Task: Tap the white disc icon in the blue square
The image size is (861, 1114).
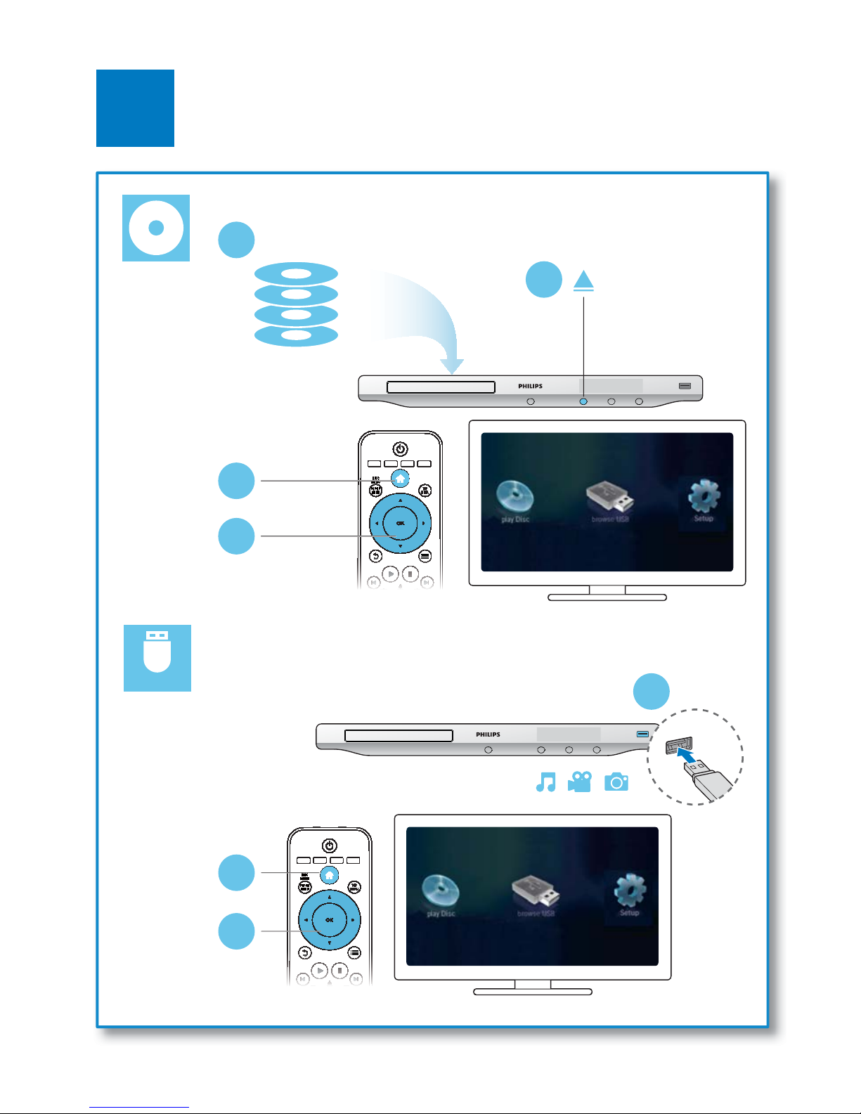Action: pos(156,228)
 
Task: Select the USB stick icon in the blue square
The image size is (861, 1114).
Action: pos(157,658)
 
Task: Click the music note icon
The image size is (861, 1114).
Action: pos(545,782)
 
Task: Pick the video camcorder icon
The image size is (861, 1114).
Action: pos(580,782)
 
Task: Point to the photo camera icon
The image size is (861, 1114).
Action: pos(616,782)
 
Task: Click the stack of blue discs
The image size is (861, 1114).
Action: pos(296,304)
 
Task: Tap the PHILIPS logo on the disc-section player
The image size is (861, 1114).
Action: pos(531,386)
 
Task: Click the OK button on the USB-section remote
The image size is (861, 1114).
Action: pos(329,920)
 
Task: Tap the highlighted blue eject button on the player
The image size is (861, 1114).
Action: pos(583,401)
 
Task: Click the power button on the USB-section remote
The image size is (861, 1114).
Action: pos(329,846)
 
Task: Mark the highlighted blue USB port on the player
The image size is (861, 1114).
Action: pos(643,734)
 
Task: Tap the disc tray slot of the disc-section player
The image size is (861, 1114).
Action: pos(441,387)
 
